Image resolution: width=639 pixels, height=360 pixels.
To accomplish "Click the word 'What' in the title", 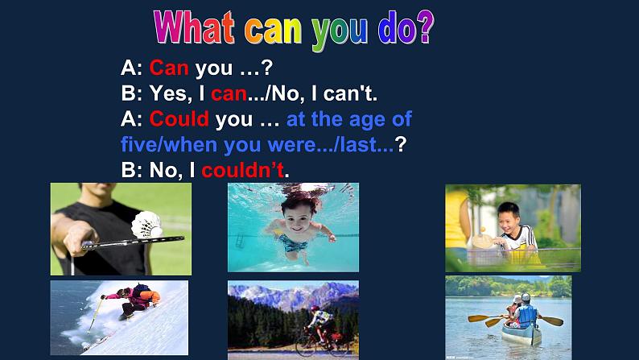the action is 194,27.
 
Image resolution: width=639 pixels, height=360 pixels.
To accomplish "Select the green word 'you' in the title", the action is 340,31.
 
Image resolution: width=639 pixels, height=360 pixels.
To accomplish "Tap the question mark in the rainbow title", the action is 426,27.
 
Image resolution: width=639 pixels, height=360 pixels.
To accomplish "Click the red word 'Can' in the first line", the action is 169,68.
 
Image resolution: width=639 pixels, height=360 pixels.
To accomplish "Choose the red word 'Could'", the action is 179,119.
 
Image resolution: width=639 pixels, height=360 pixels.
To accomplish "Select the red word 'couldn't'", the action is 243,170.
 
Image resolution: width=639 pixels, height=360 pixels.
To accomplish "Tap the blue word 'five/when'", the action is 169,145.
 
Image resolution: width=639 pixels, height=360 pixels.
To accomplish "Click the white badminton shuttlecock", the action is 146,225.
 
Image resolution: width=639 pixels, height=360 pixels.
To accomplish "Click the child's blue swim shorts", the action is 292,243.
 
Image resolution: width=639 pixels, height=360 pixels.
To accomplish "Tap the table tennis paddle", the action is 484,241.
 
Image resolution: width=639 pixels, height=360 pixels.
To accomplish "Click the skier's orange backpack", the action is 144,294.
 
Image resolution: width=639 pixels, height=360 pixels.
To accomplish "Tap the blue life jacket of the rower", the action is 527,315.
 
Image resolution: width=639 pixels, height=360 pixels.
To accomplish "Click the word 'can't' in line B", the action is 350,93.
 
